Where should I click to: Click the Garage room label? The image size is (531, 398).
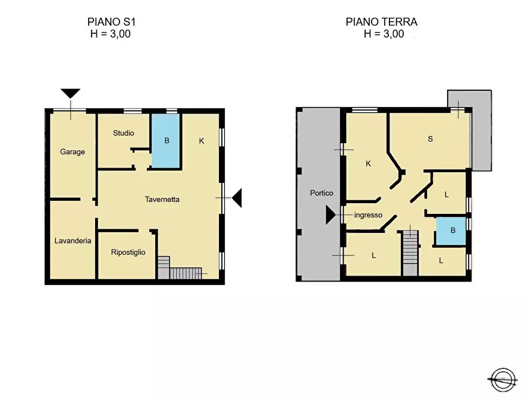point(73,151)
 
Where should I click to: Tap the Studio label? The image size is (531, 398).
point(124,133)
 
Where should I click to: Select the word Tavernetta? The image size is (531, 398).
point(162,200)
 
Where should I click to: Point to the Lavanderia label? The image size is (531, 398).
point(73,241)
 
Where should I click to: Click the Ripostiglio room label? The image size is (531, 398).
point(128,252)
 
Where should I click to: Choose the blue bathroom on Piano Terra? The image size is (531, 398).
point(453,232)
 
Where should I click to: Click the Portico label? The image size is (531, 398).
point(322,193)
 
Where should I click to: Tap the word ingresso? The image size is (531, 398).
point(368,215)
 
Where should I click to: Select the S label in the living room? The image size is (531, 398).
point(430,140)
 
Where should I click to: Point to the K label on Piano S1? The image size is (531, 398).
point(202,141)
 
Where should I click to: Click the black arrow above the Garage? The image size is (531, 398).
point(71,93)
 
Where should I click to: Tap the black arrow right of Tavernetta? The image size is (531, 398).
point(237,197)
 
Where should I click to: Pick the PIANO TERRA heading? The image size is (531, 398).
point(382,22)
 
